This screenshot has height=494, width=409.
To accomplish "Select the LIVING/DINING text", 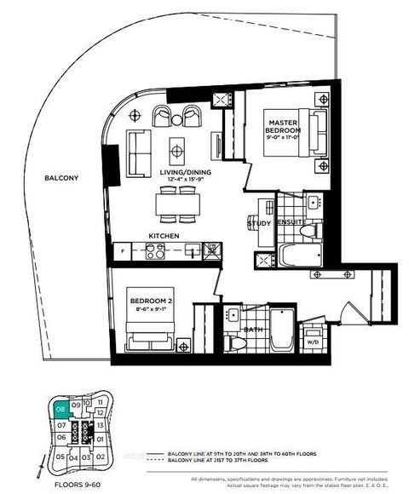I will coord(178,173).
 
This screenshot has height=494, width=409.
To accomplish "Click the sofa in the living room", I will coord(136,149).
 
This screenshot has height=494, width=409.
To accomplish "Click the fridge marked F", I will coord(124,251).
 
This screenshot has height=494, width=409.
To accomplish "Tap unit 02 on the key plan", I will coord(101,457).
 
